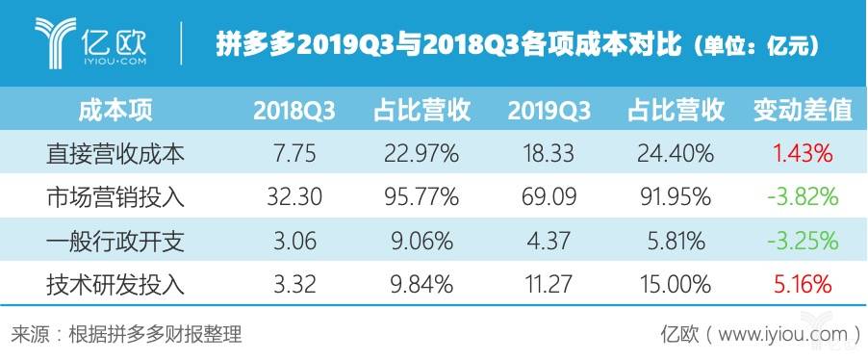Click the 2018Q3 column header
294,110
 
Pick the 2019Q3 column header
549,110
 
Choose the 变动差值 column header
802,110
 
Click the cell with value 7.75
294,153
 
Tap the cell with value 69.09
549,197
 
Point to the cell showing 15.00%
675,285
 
